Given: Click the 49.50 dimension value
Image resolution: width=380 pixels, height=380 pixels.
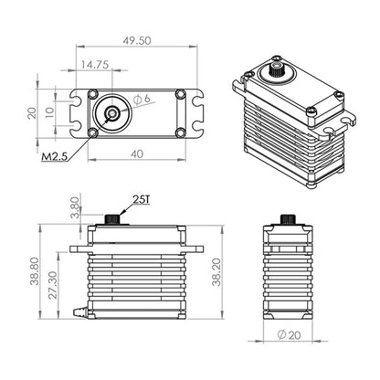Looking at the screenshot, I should tap(138, 41).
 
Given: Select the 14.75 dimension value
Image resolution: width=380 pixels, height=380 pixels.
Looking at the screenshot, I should tap(96, 65).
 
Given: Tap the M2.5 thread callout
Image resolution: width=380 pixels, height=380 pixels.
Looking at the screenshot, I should tap(56, 158).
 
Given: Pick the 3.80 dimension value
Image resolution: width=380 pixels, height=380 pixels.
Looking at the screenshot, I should tap(75, 206).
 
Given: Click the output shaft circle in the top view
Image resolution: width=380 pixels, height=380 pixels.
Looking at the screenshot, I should tap(111, 113).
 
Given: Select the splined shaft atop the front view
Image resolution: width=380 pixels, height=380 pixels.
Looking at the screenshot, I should tap(113, 219).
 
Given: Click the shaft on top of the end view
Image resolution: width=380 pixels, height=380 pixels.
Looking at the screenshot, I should tap(288, 219).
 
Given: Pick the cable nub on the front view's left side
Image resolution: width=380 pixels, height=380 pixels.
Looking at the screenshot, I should tap(79, 312).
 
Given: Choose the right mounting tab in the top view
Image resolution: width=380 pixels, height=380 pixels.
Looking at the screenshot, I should tap(196, 113).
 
